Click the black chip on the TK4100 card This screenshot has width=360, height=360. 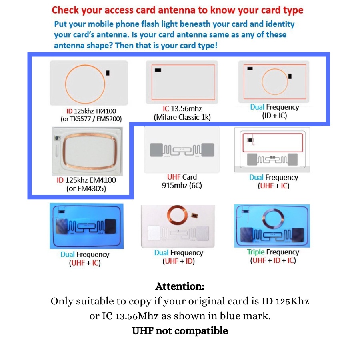point(108,72)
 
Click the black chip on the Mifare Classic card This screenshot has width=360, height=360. point(158,70)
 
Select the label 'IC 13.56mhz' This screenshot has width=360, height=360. point(182,108)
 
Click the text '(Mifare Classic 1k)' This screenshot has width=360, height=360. point(182,117)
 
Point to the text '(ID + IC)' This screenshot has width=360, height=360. point(274,116)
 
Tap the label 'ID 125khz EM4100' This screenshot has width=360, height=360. point(86,180)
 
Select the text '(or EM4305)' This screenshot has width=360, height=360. point(86,189)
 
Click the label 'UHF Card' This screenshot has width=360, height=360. point(182,177)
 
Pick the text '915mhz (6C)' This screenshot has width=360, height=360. point(182,185)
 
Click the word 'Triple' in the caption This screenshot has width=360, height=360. point(256,252)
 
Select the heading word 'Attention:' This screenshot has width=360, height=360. point(180,286)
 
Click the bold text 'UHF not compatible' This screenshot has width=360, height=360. point(180,331)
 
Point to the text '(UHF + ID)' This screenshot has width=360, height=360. point(178,261)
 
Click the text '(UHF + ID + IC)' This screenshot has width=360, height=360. point(273,260)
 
